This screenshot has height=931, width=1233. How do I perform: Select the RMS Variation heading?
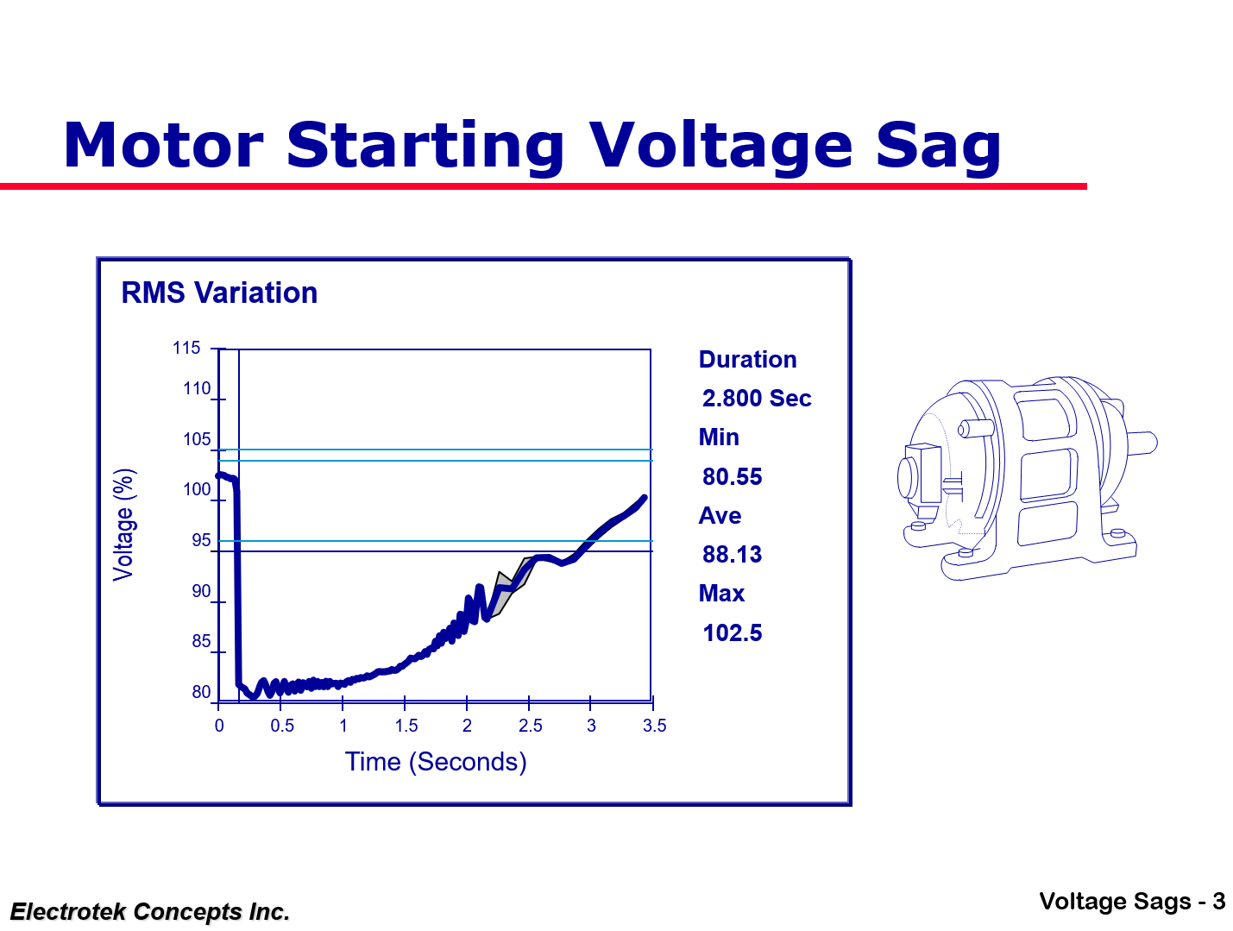tap(219, 293)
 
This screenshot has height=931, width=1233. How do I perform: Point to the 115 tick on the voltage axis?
tap(186, 349)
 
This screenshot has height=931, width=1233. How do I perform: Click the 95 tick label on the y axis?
tap(201, 541)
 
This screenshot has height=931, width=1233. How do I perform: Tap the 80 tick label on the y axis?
tap(201, 692)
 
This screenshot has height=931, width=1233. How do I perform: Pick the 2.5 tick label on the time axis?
tap(530, 726)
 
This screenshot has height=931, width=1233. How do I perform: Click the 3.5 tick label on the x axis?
tap(654, 726)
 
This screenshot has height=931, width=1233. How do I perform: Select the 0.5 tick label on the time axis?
tap(282, 726)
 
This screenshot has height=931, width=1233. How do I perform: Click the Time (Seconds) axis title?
tap(436, 762)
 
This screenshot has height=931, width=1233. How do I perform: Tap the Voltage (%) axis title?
tap(124, 525)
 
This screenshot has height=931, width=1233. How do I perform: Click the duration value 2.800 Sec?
tap(757, 399)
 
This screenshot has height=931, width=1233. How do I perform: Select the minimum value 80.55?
tap(733, 477)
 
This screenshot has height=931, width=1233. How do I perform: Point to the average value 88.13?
tap(733, 555)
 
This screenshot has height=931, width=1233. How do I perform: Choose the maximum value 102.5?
tap(733, 633)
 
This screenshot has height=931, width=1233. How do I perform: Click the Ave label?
tap(720, 516)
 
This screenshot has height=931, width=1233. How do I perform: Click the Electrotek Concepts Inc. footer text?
tap(150, 912)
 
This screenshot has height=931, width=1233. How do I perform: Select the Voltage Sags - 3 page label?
tap(1132, 902)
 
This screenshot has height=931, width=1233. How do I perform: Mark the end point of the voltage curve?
tap(644, 498)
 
